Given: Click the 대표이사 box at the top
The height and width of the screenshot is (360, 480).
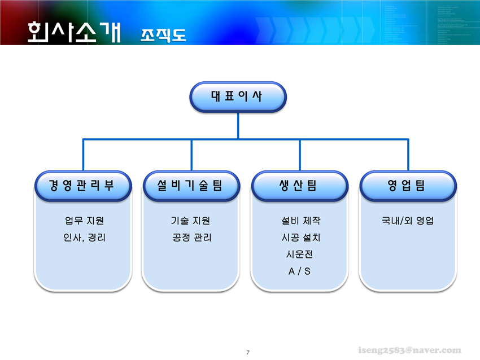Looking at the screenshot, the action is click(238, 96).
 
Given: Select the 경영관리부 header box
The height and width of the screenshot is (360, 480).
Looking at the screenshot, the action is click(83, 186).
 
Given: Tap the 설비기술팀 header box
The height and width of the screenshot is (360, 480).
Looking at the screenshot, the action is click(191, 186).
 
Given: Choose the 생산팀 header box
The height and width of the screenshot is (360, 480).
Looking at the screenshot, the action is click(300, 186).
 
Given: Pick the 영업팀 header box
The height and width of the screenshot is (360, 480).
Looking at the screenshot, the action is click(408, 186).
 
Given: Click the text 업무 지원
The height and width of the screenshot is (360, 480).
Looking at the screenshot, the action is click(85, 221).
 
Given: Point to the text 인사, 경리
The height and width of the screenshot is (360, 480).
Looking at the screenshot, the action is click(85, 238).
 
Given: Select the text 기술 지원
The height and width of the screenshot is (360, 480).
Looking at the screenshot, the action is click(190, 221).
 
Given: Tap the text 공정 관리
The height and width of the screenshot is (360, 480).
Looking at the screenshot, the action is click(192, 238).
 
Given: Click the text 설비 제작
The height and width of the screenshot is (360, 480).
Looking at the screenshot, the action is click(301, 221).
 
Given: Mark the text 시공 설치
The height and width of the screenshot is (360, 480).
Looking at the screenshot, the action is click(301, 238).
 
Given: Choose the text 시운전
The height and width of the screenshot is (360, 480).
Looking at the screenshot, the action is click(300, 254).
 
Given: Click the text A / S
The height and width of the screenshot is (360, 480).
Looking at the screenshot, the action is click(299, 271).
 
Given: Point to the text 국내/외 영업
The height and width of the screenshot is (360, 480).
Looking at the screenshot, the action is click(408, 221).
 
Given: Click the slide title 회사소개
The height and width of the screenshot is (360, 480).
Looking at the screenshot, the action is click(74, 32).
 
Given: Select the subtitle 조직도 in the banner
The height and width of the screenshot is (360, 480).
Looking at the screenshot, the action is click(163, 36).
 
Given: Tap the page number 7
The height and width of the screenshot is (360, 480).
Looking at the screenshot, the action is click(248, 352).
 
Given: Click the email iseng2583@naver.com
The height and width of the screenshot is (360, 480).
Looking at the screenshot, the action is click(409, 350).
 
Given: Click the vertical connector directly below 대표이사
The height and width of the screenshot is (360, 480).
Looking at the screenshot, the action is click(238, 126).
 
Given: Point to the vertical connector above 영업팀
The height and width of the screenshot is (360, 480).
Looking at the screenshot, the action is click(408, 155).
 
